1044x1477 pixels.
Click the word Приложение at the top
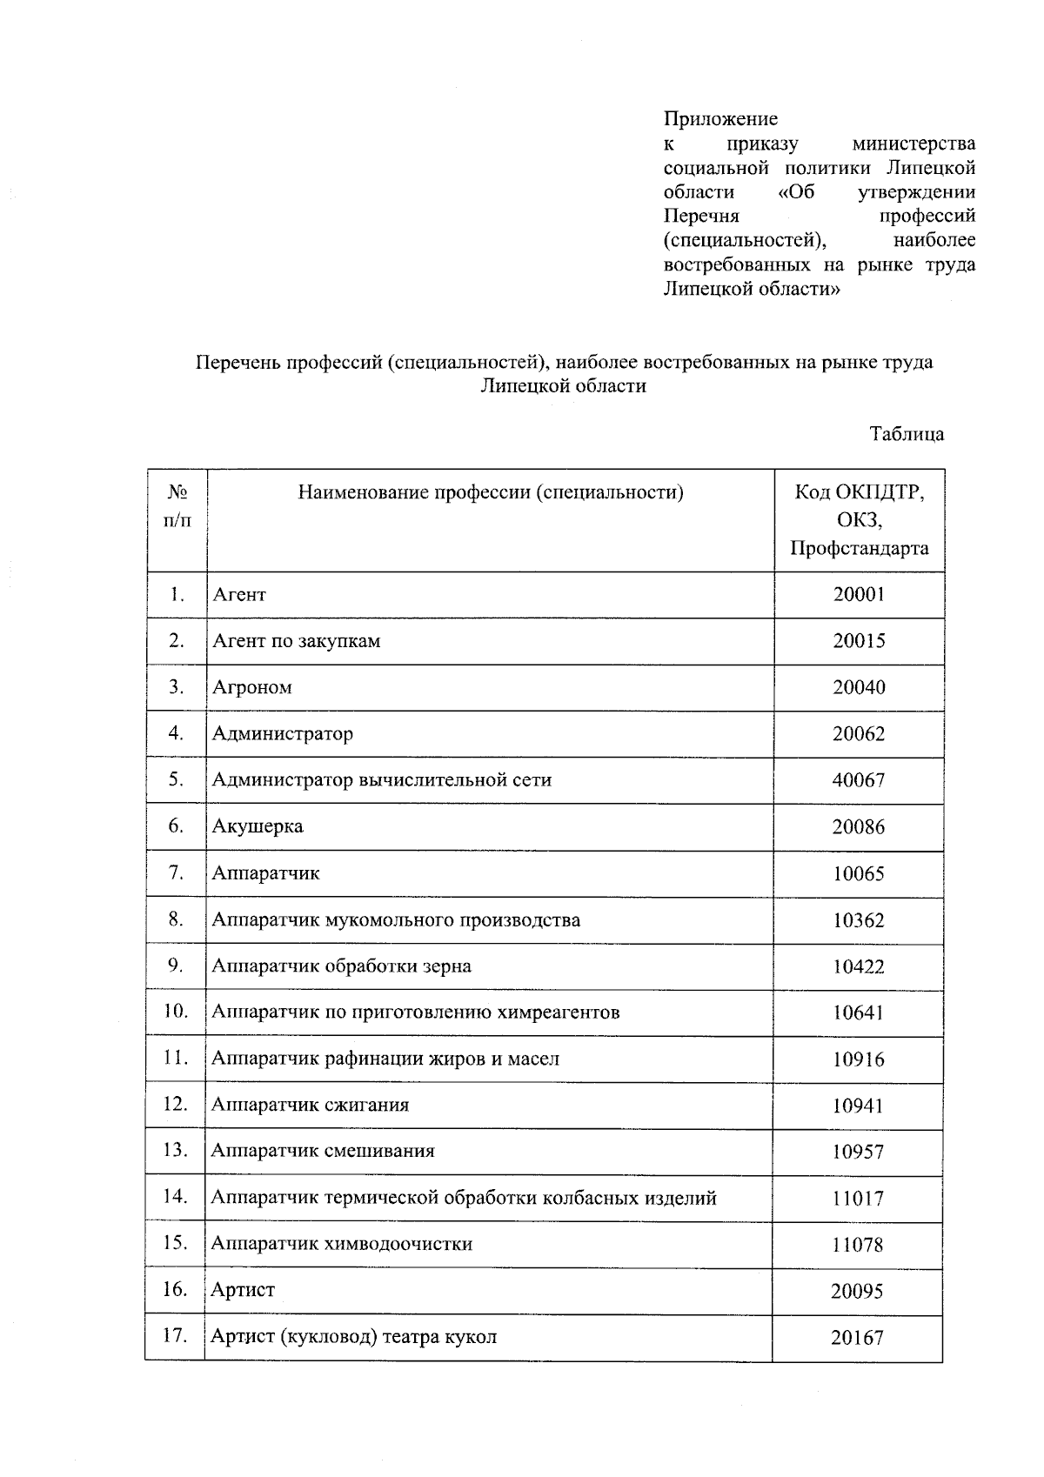[x=720, y=118]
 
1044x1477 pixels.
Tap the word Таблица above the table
[x=907, y=433]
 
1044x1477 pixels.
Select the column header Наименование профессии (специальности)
[x=491, y=493]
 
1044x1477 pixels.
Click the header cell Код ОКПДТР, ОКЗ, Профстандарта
[x=859, y=520]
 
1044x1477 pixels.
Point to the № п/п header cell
[x=177, y=506]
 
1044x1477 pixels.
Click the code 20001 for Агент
[x=859, y=595]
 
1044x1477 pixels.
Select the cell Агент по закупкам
[x=297, y=641]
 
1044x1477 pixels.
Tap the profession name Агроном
[x=252, y=687]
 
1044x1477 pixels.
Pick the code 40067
[x=859, y=780]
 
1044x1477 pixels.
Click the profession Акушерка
[x=258, y=826]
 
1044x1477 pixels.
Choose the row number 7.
[x=176, y=872]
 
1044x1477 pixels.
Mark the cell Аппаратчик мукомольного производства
[x=396, y=919]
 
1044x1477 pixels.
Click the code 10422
[x=859, y=966]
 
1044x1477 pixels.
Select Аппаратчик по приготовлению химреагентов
[x=416, y=1013]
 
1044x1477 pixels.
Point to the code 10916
[x=859, y=1059]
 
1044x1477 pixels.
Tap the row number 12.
[x=176, y=1105]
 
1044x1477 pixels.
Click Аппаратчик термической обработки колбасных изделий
[x=464, y=1198]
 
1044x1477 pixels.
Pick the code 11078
[x=858, y=1245]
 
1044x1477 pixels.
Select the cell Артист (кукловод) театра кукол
[x=354, y=1337]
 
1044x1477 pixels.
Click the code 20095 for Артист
[x=857, y=1292]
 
